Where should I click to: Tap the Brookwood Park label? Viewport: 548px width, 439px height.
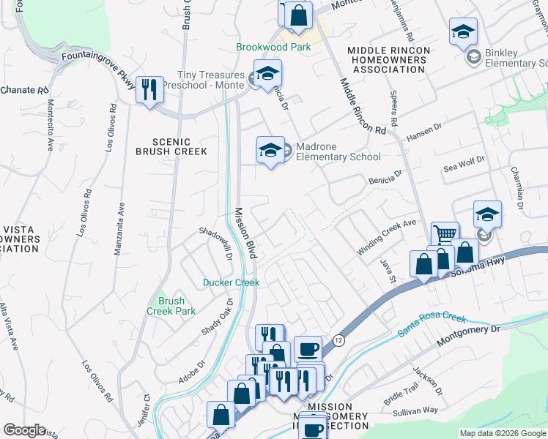point(273,47)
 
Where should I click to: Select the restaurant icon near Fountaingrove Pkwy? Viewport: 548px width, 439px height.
point(149,90)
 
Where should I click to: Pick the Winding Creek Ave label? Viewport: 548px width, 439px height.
point(386,236)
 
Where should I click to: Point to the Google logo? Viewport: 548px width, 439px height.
point(24,430)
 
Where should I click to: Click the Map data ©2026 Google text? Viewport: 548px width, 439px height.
point(503,433)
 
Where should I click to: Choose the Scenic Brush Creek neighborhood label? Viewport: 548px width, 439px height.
point(171,146)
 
